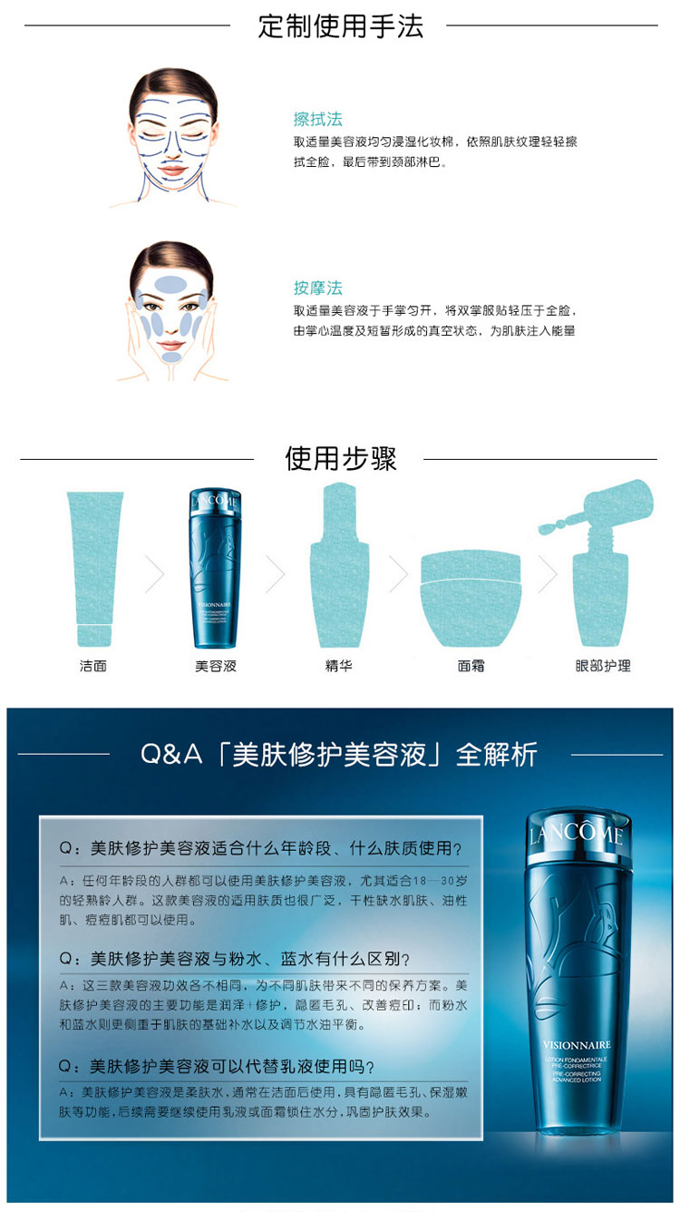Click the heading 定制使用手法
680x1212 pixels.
340,25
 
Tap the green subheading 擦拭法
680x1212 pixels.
317,119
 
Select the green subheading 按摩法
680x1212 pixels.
317,288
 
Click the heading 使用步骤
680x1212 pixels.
340,458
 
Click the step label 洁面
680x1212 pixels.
93,666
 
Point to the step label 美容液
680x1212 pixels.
216,666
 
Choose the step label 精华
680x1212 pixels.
338,666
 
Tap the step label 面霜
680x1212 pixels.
471,666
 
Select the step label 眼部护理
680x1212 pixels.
603,666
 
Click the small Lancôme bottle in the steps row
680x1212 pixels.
216,567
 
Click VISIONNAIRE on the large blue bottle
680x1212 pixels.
576,1044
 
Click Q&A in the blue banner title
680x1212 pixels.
171,755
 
